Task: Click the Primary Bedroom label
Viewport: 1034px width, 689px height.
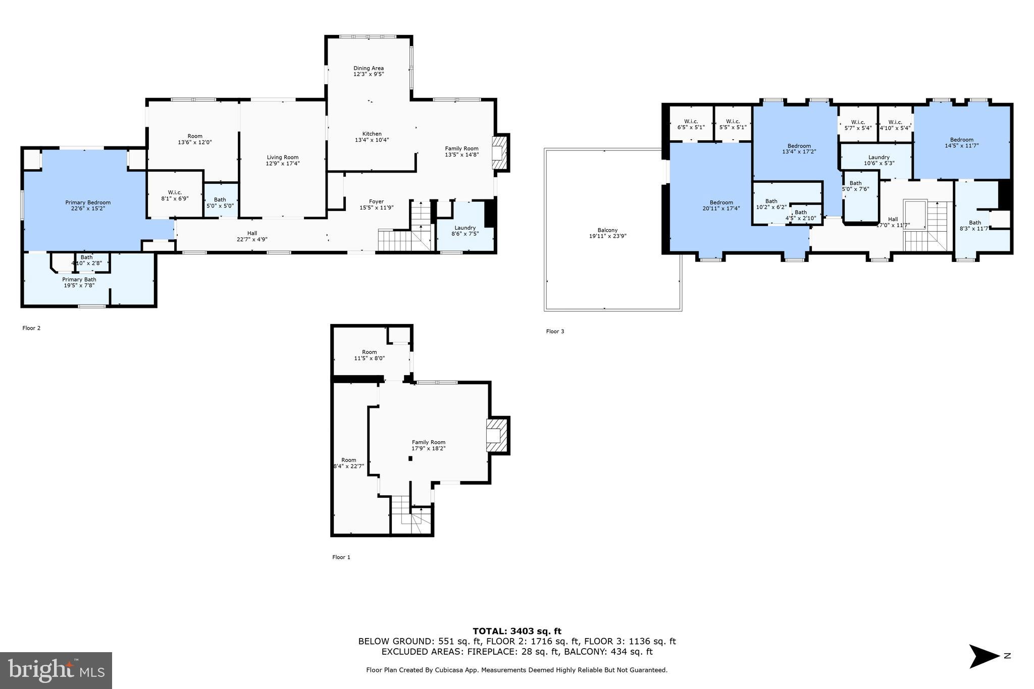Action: coord(88,202)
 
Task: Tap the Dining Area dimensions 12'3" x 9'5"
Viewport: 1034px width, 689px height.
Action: coord(369,74)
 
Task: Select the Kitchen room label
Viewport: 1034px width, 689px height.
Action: coord(372,134)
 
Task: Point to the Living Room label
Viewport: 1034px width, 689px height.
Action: coord(283,157)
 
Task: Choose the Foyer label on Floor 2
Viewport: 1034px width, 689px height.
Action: coord(376,201)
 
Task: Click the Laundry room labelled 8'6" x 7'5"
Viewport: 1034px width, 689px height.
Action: coord(465,231)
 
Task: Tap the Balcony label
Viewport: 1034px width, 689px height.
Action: coord(607,230)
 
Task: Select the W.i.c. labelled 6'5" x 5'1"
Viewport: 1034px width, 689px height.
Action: coord(691,124)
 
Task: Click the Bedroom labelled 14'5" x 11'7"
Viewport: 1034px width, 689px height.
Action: coord(961,142)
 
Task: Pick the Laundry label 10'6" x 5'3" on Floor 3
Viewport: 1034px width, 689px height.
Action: coord(879,160)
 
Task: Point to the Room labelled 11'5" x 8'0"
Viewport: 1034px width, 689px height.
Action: coord(369,355)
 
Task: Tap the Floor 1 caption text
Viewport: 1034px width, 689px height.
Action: coord(341,557)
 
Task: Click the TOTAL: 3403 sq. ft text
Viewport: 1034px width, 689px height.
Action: coord(516,631)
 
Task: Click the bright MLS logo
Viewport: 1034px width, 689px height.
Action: coord(56,670)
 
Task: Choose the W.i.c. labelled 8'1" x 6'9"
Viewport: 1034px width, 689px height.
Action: coord(175,195)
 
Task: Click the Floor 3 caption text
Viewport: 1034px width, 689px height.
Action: coord(555,332)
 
